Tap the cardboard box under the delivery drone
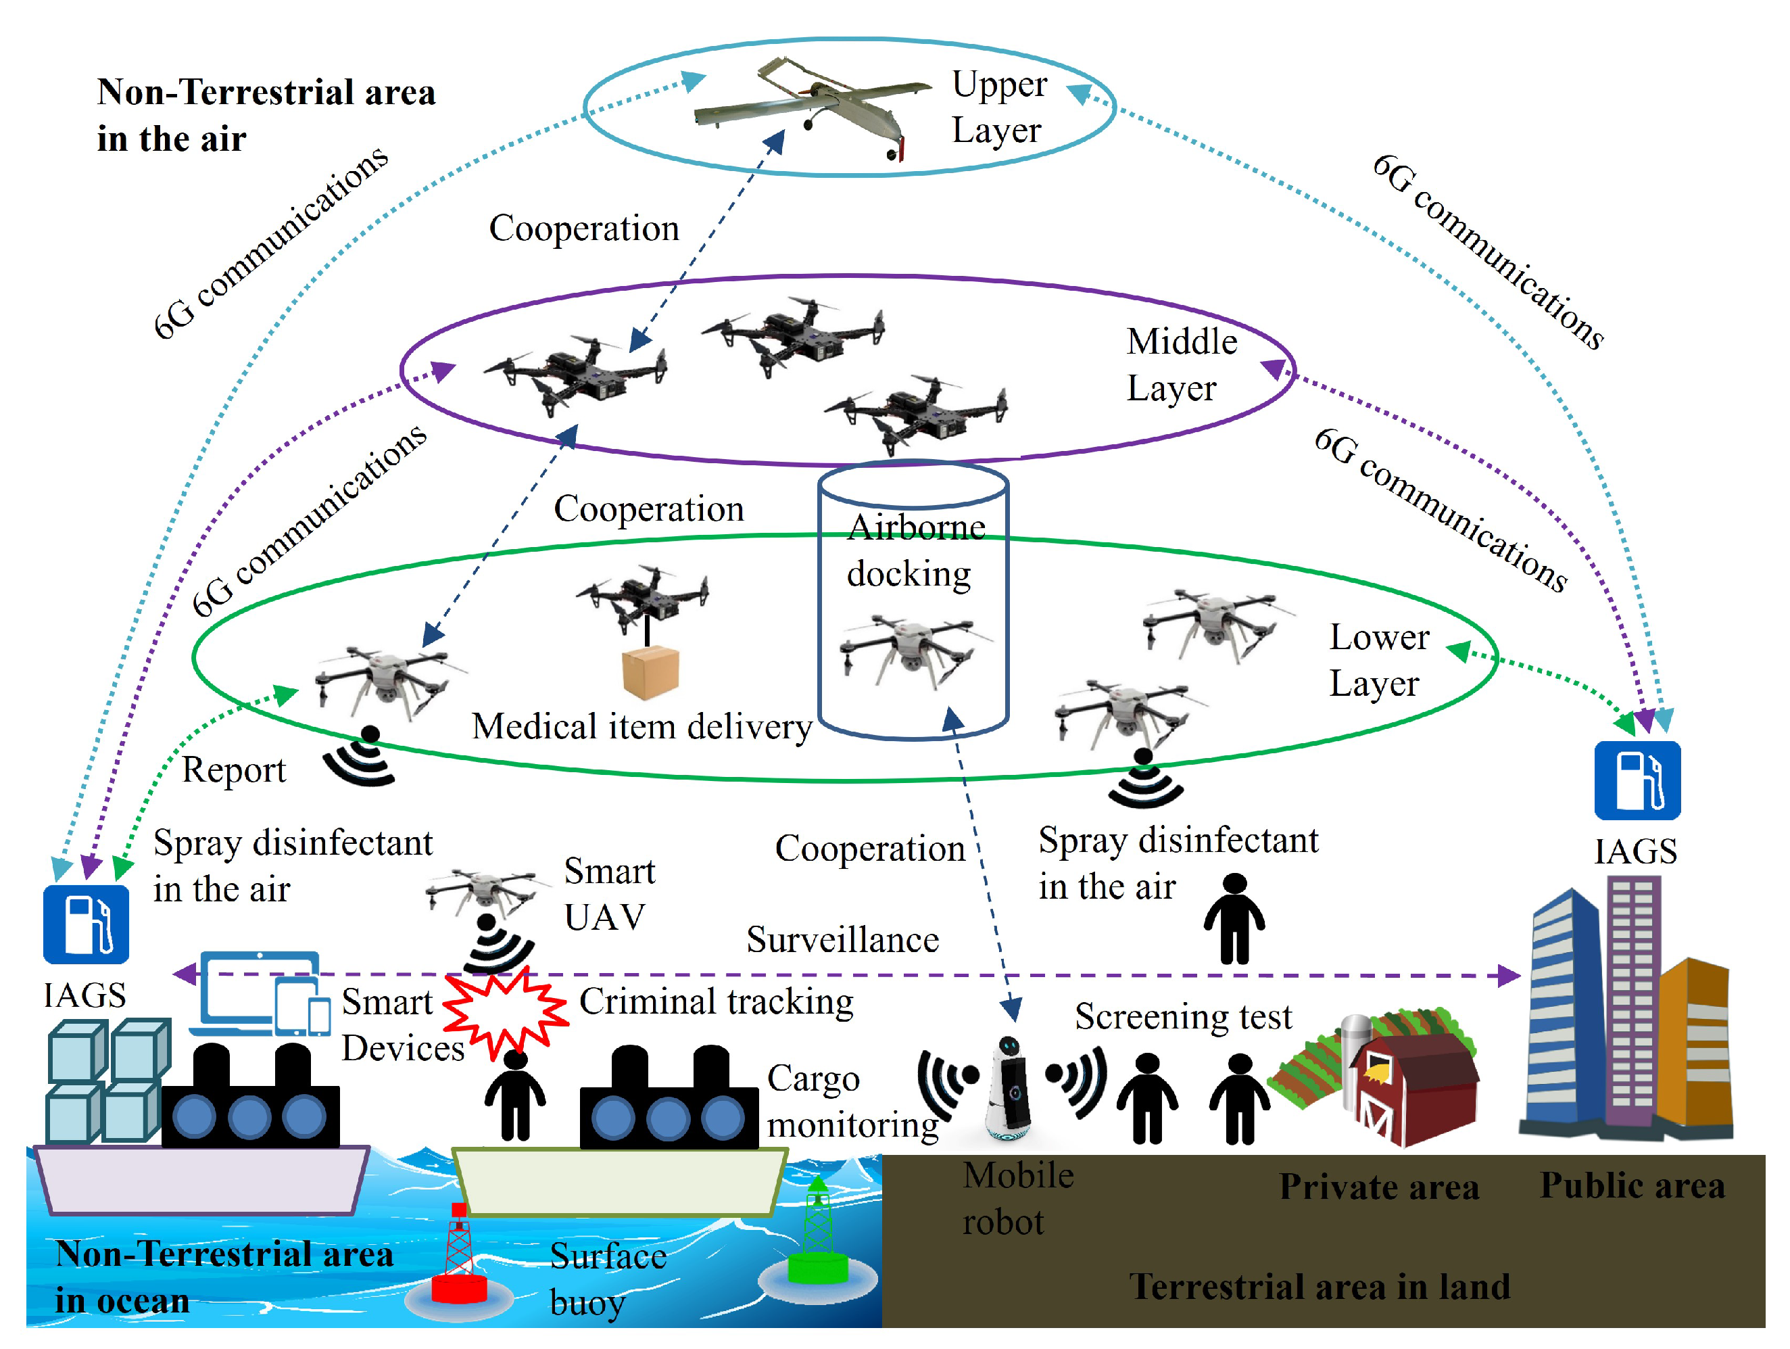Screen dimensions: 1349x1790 pyautogui.click(x=650, y=671)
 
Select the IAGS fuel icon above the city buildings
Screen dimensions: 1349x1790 pyautogui.click(x=1637, y=781)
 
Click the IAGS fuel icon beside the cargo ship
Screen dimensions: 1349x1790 pyautogui.click(x=86, y=924)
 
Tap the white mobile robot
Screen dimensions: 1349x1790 pyautogui.click(x=1009, y=1089)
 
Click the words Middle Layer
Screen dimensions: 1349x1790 pyautogui.click(x=1182, y=364)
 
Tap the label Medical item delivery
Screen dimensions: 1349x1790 pyautogui.click(x=642, y=727)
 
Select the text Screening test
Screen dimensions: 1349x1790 pyautogui.click(x=1183, y=1016)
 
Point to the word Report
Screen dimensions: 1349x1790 pyautogui.click(x=234, y=770)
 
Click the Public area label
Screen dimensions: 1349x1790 pyautogui.click(x=1632, y=1185)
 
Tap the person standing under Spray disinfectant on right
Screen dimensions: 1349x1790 pyautogui.click(x=1234, y=918)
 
